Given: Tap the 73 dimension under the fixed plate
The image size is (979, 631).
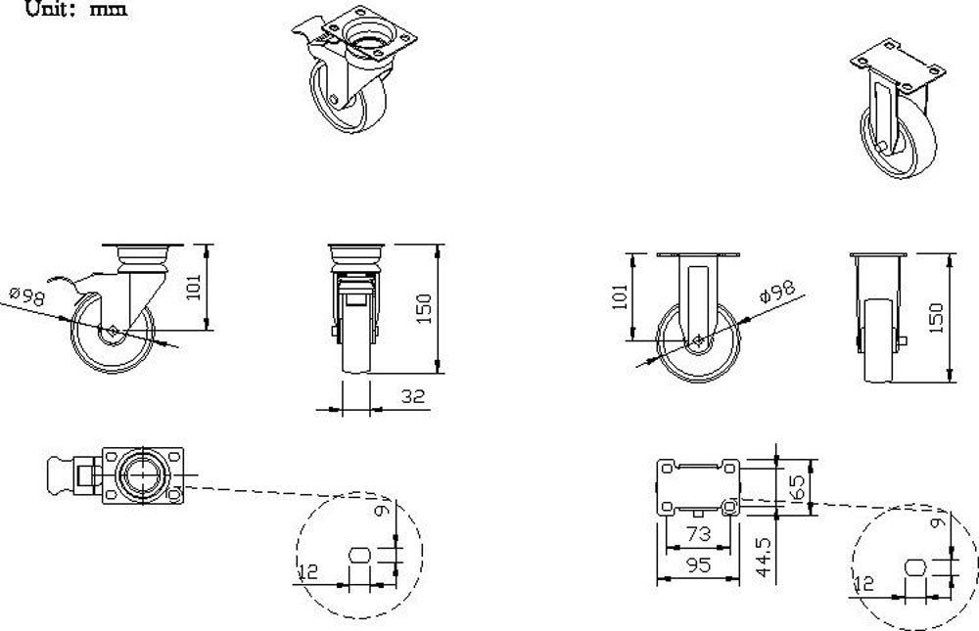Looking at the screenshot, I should tap(697, 533).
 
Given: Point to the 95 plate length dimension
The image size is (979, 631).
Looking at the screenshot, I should tap(697, 564).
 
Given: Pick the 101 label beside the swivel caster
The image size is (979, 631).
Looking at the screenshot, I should tap(194, 287).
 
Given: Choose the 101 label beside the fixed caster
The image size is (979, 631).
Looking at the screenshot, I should tap(620, 296).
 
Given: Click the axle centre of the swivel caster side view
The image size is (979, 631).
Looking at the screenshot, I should tap(115, 331).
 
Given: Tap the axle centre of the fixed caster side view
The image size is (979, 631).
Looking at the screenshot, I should tap(699, 340).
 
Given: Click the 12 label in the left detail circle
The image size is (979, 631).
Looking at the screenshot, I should tap(307, 571).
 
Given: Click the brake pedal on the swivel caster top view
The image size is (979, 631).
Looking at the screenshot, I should tap(61, 476).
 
